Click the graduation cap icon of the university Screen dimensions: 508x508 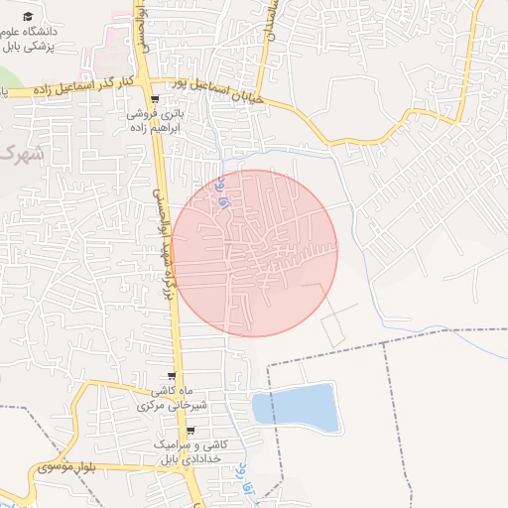[28, 17]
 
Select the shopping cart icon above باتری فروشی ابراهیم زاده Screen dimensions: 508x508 [154, 99]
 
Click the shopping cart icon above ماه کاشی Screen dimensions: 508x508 [173, 376]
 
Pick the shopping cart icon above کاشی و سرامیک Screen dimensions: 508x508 [190, 431]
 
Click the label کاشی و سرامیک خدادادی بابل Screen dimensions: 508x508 [190, 451]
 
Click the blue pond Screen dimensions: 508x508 [295, 408]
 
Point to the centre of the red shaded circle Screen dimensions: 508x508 [254, 253]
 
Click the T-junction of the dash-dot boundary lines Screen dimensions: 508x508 [384, 343]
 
